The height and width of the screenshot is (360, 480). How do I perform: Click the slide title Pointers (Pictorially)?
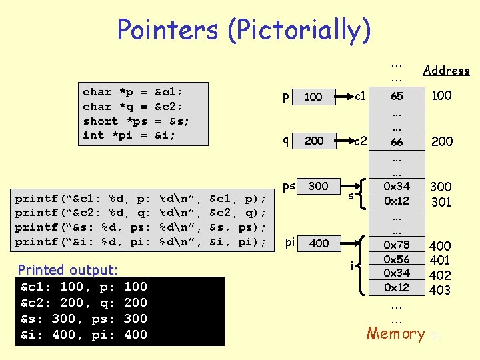pyautogui.click(x=243, y=30)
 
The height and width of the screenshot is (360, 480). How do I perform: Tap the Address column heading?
pyautogui.click(x=446, y=71)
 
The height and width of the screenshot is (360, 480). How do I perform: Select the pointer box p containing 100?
pyautogui.click(x=313, y=97)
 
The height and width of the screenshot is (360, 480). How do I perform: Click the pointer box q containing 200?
pyautogui.click(x=313, y=141)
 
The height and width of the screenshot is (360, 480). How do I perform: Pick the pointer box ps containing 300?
pyautogui.click(x=318, y=186)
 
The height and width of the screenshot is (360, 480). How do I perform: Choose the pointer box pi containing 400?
pyautogui.click(x=319, y=243)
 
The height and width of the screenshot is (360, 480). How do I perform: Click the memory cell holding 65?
pyautogui.click(x=397, y=96)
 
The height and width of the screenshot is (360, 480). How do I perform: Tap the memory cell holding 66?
pyautogui.click(x=397, y=141)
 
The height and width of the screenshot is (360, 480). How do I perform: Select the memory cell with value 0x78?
pyautogui.click(x=397, y=245)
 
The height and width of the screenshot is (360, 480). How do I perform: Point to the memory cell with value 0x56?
pyautogui.click(x=397, y=259)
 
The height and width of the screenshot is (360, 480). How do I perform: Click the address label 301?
pyautogui.click(x=441, y=201)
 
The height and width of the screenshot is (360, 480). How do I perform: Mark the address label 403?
pyautogui.click(x=441, y=290)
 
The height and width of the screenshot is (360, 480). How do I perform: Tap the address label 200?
pyautogui.click(x=441, y=141)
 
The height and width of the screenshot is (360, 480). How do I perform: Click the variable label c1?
pyautogui.click(x=359, y=97)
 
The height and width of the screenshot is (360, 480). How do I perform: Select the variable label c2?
pyautogui.click(x=360, y=141)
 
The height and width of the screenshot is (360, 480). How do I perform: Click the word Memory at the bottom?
pyautogui.click(x=395, y=333)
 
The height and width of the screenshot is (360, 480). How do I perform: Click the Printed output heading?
pyautogui.click(x=67, y=270)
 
